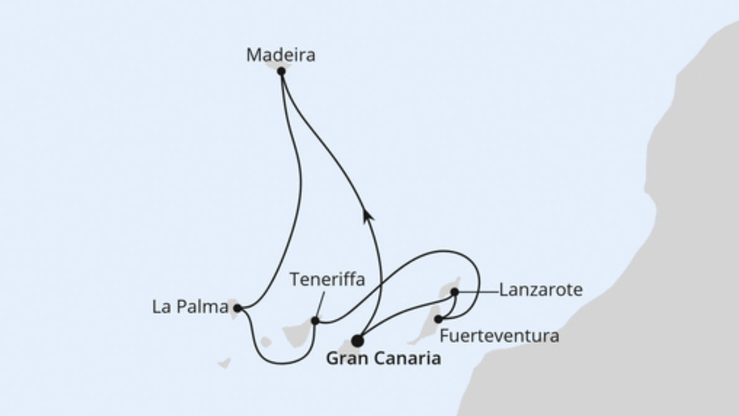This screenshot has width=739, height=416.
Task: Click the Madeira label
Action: (280, 55)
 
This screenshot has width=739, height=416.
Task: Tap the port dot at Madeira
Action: (281, 71)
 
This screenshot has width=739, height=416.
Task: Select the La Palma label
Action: (190, 307)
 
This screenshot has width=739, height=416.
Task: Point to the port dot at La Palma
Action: (237, 308)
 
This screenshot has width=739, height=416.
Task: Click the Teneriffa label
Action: (327, 280)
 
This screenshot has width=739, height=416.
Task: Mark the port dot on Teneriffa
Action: (315, 321)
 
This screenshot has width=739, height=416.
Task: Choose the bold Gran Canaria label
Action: (383, 358)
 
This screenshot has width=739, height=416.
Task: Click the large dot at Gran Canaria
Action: (357, 340)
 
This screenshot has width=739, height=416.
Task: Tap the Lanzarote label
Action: (541, 290)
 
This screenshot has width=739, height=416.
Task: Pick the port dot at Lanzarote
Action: (454, 291)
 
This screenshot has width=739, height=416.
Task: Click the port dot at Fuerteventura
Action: (438, 319)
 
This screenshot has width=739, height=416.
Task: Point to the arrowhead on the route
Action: (368, 215)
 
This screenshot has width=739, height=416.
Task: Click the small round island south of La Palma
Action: (265, 342)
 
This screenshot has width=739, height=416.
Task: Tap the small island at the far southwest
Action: (224, 363)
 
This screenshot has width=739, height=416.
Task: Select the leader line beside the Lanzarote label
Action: (477, 291)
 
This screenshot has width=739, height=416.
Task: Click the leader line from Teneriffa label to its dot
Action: (320, 305)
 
